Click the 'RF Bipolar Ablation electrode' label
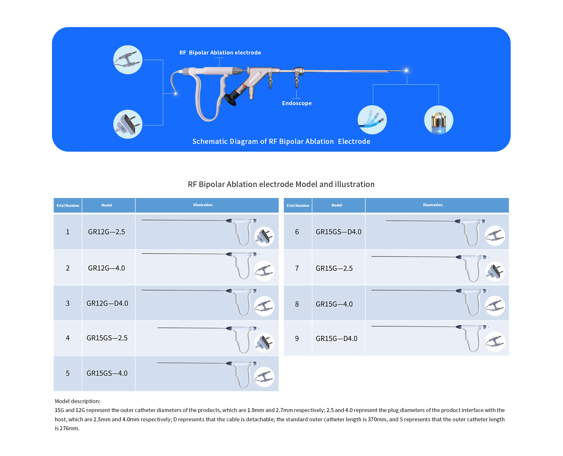pyautogui.click(x=220, y=53)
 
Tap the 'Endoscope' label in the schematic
pyautogui.click(x=297, y=103)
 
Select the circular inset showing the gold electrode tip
pyautogui.click(x=439, y=120)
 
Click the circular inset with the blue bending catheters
pyautogui.click(x=372, y=120)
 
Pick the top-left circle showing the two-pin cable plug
pyautogui.click(x=128, y=60)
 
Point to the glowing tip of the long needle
pyautogui.click(x=406, y=70)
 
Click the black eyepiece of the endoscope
pyautogui.click(x=230, y=98)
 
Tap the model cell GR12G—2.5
pyautogui.click(x=107, y=232)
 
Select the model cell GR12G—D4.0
pyautogui.click(x=107, y=303)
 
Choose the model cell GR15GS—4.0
pyautogui.click(x=107, y=373)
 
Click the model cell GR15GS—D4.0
pyautogui.click(x=338, y=232)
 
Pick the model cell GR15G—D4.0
pyautogui.click(x=336, y=339)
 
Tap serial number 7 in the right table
pyautogui.click(x=297, y=268)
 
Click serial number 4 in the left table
pyautogui.click(x=68, y=338)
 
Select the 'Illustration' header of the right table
pyautogui.click(x=433, y=205)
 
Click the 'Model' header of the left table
pyautogui.click(x=107, y=205)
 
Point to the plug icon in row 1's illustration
pyautogui.click(x=264, y=236)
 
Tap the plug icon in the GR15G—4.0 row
pyautogui.click(x=495, y=306)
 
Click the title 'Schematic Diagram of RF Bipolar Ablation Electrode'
pyautogui.click(x=281, y=141)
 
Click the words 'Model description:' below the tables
pyautogui.click(x=77, y=401)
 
